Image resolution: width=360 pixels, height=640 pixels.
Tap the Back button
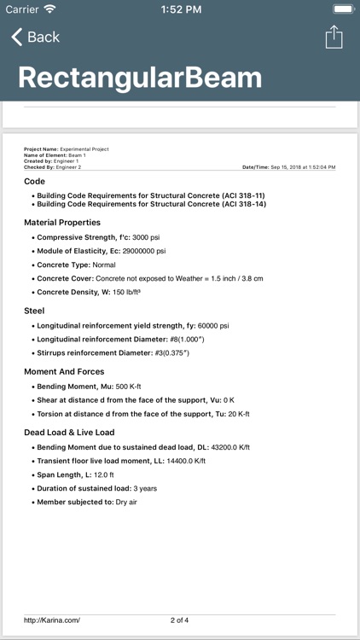[x=35, y=37]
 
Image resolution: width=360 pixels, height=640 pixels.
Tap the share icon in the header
[x=334, y=37]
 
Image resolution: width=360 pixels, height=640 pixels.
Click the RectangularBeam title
[x=140, y=78]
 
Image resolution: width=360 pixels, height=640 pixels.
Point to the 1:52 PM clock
[x=179, y=9]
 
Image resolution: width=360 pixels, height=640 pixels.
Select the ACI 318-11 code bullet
[x=150, y=195]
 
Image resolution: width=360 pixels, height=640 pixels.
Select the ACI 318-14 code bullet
[x=150, y=205]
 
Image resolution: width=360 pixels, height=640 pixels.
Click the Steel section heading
[x=34, y=311]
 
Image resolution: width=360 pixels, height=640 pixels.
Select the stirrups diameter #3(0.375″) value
[x=186, y=353]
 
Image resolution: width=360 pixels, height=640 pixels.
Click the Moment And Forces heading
[x=64, y=372]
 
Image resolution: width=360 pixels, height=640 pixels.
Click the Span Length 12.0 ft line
[x=75, y=474]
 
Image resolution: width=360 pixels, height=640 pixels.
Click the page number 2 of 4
[x=180, y=620]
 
